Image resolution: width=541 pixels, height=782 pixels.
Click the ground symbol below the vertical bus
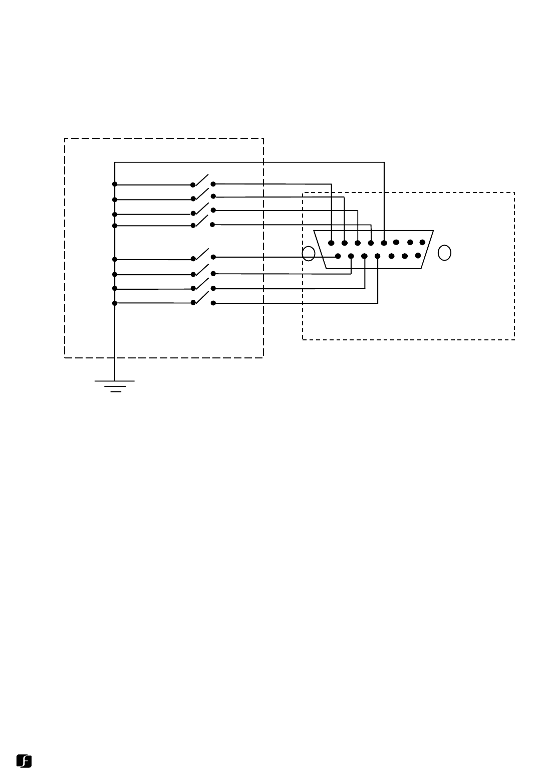[x=115, y=385]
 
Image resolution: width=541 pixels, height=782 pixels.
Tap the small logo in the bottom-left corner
[x=24, y=760]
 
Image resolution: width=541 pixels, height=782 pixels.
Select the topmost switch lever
[x=202, y=179]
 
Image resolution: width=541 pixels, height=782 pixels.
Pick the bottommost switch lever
[x=202, y=298]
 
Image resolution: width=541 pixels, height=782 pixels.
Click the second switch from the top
[x=202, y=193]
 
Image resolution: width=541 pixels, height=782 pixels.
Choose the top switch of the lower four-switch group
[x=202, y=254]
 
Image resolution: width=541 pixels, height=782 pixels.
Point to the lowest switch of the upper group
[x=202, y=221]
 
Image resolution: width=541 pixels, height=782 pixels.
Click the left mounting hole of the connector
[x=309, y=254]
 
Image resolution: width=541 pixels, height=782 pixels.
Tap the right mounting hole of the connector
[x=444, y=253]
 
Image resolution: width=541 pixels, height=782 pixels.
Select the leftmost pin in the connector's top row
[x=331, y=243]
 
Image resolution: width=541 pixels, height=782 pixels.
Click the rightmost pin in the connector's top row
[x=422, y=243]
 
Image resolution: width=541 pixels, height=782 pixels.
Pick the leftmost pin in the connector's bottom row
[x=338, y=256]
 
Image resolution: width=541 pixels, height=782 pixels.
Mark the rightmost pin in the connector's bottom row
[x=418, y=255]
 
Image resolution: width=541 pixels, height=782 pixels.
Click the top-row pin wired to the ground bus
[x=384, y=243]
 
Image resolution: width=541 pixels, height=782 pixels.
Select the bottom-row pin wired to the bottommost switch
[x=378, y=256]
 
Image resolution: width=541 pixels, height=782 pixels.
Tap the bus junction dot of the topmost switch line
[x=115, y=184]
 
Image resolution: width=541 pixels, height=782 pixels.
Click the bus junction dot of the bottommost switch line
[x=115, y=303]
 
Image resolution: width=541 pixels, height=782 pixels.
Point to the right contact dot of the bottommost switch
[x=213, y=303]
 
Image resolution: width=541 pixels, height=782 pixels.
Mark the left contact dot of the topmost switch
[x=193, y=184]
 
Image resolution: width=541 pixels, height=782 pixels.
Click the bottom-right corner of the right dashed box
[x=514, y=340]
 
